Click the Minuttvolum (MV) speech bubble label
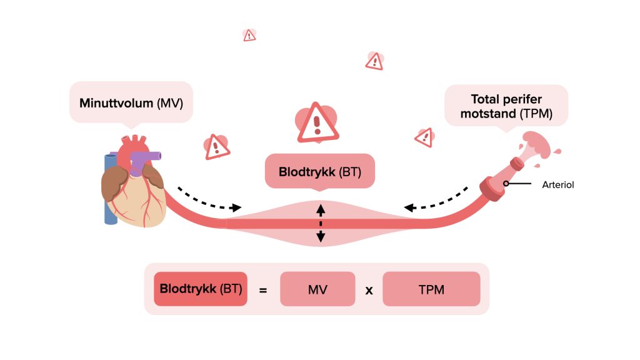(131, 102)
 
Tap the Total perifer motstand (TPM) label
(506, 106)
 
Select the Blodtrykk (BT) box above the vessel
(320, 171)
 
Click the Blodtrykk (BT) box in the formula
(200, 289)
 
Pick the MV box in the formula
(317, 289)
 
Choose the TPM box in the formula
(431, 289)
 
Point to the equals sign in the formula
(263, 290)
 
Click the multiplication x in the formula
(369, 290)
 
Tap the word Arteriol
(558, 184)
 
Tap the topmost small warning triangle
(249, 35)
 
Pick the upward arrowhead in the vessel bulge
(321, 209)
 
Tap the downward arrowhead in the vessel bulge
(321, 236)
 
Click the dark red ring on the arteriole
(491, 189)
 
